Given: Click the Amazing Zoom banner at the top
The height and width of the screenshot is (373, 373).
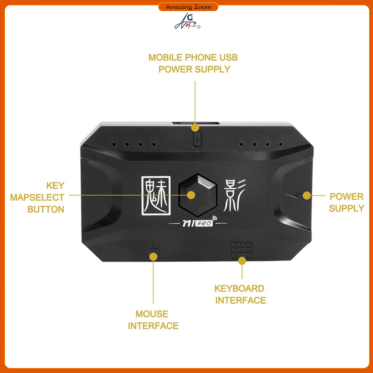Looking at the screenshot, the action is coord(188,7).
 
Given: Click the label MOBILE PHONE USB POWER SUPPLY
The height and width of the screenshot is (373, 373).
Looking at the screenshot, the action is coord(193,63).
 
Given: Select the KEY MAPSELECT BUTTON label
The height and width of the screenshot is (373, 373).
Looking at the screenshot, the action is coord(37,197).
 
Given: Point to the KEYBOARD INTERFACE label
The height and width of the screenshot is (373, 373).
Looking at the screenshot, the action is coord(240,294).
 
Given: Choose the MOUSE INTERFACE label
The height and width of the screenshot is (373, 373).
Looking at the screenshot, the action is coord(153,320).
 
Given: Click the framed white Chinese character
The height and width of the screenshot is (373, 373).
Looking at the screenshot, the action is coord(156,195).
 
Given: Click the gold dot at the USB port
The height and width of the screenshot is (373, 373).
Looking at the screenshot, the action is coord(196,127).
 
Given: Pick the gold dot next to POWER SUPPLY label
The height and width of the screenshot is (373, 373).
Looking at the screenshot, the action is coord(307,196).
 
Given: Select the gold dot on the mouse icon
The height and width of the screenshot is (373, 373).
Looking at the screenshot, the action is coord(153,256).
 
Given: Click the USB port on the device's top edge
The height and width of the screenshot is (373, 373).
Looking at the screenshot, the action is coord(196,123).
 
